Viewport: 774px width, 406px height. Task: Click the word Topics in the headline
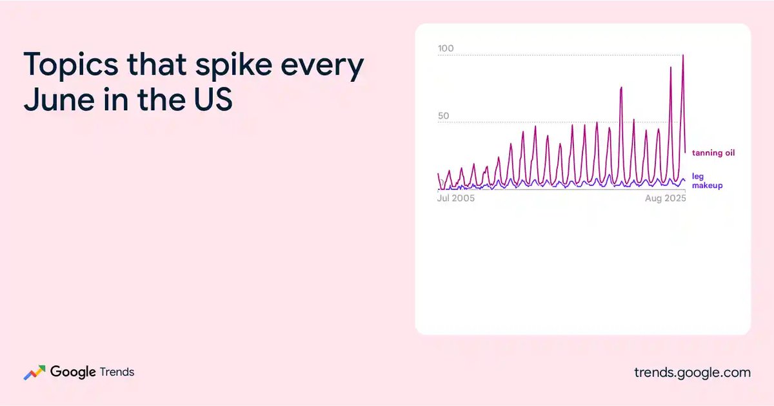click(x=71, y=65)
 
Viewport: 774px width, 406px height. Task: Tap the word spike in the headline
click(x=233, y=65)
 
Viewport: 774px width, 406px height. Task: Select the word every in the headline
click(x=322, y=67)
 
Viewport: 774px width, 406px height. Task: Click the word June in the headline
click(x=59, y=99)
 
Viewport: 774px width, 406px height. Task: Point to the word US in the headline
click(x=213, y=99)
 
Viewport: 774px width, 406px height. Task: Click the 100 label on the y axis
click(x=446, y=48)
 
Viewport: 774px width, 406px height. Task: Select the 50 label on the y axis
click(x=444, y=115)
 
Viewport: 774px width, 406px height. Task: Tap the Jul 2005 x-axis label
click(x=456, y=198)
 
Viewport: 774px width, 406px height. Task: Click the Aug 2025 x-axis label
click(x=666, y=198)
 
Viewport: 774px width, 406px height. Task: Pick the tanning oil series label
click(x=713, y=153)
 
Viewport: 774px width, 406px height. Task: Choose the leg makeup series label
click(x=707, y=181)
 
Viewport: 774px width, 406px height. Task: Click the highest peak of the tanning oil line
click(x=683, y=55)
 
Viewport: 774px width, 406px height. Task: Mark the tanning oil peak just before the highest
click(x=671, y=67)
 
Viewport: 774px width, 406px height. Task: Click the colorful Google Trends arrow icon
click(x=35, y=372)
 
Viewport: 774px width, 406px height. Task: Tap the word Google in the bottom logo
click(x=73, y=372)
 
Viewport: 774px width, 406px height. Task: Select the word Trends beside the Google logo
click(x=117, y=372)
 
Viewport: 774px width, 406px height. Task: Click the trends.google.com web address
click(x=693, y=372)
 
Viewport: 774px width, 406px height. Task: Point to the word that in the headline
click(x=157, y=64)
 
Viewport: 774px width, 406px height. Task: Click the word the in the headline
click(x=161, y=99)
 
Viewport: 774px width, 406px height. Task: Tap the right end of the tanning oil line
click(x=686, y=152)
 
